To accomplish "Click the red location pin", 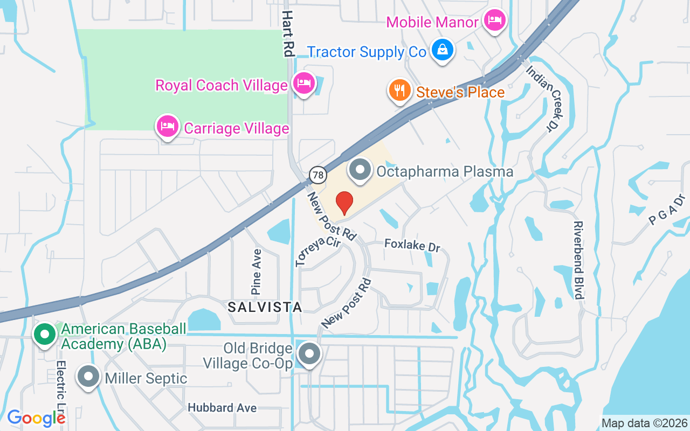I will tap(344, 203).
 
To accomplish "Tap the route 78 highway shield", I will tap(318, 175).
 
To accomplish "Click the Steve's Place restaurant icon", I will tap(399, 91).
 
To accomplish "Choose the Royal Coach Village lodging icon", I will tap(304, 84).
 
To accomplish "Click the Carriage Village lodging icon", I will tap(167, 127).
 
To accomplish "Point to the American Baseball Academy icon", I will tap(45, 335).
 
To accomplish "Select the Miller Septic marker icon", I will tap(88, 377).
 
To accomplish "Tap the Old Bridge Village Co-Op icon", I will tap(309, 354).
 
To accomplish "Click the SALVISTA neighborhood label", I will tap(264, 307).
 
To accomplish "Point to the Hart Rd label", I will tap(288, 33).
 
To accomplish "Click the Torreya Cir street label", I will tap(318, 251).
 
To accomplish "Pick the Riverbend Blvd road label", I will tap(578, 260).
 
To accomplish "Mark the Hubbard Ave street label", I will tap(222, 408).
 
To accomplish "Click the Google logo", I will tap(36, 418).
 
